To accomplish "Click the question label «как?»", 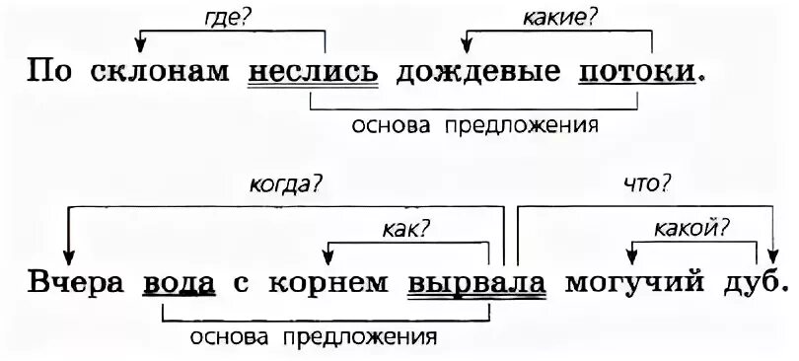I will [x=405, y=229].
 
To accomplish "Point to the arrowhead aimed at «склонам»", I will [x=141, y=44].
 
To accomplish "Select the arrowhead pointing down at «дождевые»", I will [x=467, y=44].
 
